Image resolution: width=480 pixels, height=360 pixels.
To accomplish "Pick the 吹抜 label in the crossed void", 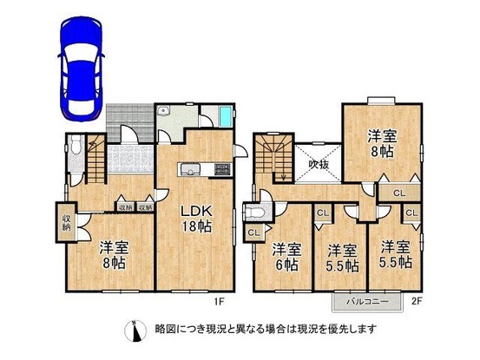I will tap(317, 164).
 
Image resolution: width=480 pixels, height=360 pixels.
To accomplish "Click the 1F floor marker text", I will tap(220, 304).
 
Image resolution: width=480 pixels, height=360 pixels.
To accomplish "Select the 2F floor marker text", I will tap(417, 304).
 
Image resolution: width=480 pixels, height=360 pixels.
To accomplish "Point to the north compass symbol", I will tap(132, 330).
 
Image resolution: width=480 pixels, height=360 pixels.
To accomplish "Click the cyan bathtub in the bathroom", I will tap(226, 117).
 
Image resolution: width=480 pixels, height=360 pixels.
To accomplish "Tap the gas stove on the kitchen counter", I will tap(220, 167).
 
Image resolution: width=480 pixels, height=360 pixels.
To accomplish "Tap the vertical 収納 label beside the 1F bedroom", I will tap(66, 221).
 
